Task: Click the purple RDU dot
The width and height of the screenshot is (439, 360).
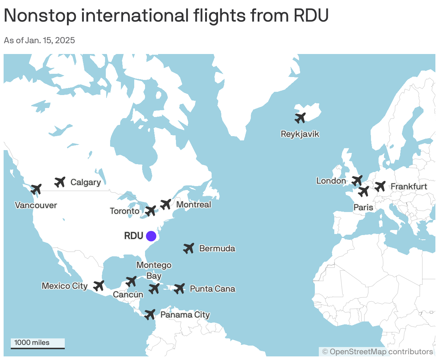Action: click(151, 236)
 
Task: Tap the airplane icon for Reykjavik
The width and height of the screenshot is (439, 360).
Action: click(300, 118)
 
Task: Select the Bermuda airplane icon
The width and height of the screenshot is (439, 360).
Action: click(189, 248)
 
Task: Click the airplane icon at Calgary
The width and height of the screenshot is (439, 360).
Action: click(60, 182)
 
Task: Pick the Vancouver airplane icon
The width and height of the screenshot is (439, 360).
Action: click(36, 189)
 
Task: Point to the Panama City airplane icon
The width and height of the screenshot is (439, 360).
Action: click(150, 314)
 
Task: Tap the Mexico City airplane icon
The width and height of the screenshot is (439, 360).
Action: click(99, 286)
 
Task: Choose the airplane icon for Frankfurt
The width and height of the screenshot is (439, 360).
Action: click(380, 186)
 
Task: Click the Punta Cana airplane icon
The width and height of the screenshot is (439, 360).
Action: click(179, 288)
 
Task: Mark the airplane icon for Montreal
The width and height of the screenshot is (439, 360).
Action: click(166, 204)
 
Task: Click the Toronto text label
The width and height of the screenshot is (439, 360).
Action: click(125, 211)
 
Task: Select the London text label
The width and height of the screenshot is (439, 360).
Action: click(331, 181)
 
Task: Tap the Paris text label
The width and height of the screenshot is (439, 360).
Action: click(363, 207)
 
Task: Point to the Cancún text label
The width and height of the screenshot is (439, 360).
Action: click(128, 295)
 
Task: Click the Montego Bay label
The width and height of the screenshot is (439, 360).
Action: click(154, 270)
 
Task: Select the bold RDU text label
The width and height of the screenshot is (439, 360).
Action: click(133, 236)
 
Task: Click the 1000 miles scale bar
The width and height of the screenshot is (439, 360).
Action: click(37, 343)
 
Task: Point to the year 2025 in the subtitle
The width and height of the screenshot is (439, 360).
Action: click(65, 40)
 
